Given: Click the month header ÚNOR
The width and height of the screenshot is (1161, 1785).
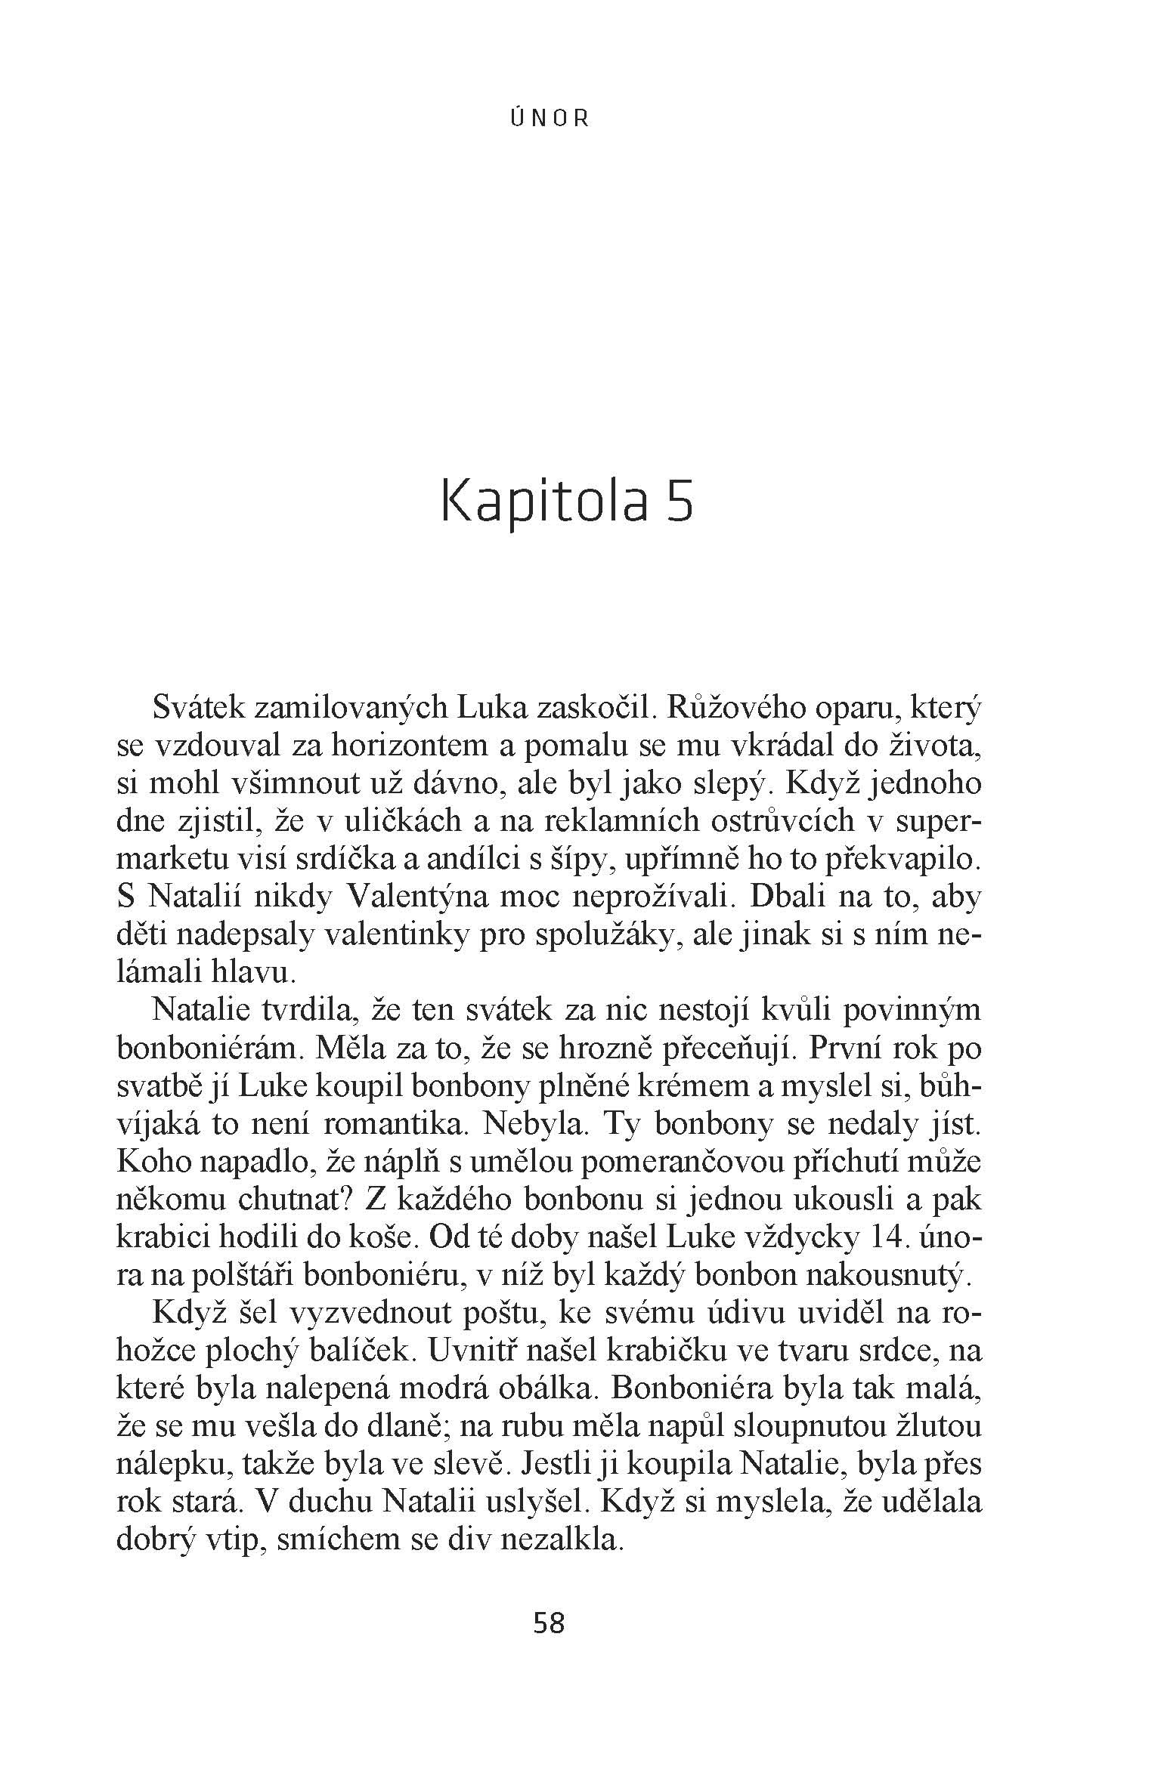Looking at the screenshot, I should (x=550, y=119).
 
